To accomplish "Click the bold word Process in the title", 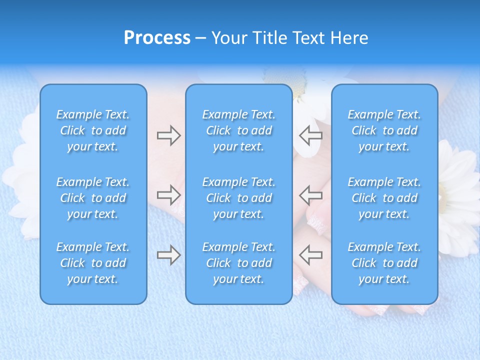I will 157,38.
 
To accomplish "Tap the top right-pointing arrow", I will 168,135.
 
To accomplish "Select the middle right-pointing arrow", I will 168,195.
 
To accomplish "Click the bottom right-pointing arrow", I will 168,255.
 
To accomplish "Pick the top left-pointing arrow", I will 310,135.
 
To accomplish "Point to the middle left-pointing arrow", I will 310,195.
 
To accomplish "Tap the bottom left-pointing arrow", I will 310,255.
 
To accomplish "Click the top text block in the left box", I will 93,130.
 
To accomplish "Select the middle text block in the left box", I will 93,198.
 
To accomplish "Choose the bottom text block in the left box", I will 93,263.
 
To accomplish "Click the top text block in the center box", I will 239,130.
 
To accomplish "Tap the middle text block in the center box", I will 239,198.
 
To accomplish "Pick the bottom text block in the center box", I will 239,263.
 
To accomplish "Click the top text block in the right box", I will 384,130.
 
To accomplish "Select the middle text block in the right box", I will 384,198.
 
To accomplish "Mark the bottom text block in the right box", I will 384,263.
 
